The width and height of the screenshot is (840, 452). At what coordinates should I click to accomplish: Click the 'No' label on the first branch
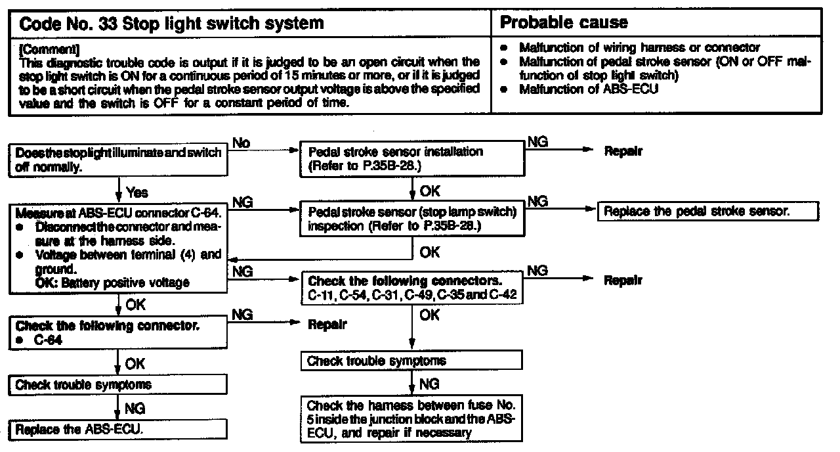pos(241,143)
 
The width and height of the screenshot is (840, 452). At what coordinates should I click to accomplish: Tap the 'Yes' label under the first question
pos(137,192)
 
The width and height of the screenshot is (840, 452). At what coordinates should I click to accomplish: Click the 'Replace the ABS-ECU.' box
pos(119,430)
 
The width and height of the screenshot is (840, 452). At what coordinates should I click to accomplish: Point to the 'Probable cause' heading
pos(564,23)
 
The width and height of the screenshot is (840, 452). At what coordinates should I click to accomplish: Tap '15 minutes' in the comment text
pos(350,73)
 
